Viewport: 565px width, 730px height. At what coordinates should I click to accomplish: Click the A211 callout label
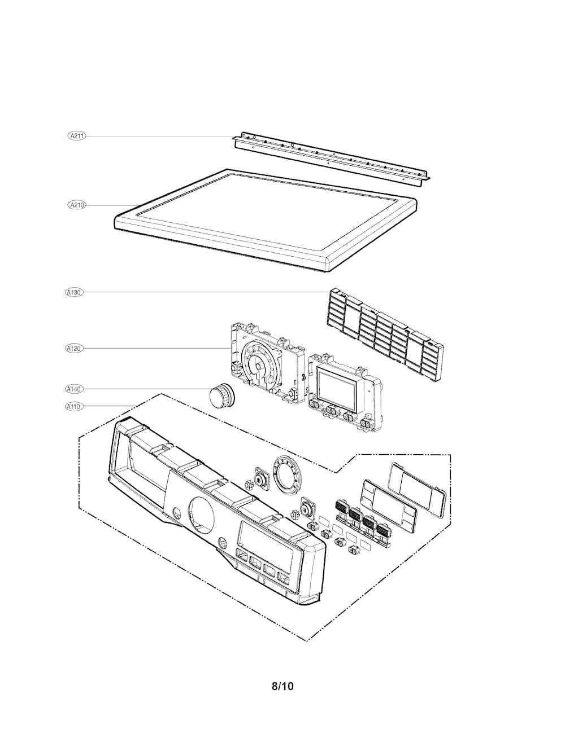pyautogui.click(x=76, y=135)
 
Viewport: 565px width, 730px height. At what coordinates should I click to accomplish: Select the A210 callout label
pyautogui.click(x=76, y=205)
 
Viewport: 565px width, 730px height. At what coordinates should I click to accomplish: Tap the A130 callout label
pyautogui.click(x=75, y=292)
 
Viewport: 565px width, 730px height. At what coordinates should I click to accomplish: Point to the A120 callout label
pyautogui.click(x=75, y=349)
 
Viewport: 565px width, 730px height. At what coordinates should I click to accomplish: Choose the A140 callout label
pyautogui.click(x=75, y=389)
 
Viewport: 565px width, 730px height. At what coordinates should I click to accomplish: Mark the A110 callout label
pyautogui.click(x=75, y=406)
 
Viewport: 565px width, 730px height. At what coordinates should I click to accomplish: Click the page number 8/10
pyautogui.click(x=282, y=687)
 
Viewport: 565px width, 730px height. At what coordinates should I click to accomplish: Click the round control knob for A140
pyautogui.click(x=220, y=394)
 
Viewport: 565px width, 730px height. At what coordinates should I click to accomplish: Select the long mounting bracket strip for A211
pyautogui.click(x=333, y=158)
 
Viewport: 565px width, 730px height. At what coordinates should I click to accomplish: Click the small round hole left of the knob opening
pyautogui.click(x=177, y=513)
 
